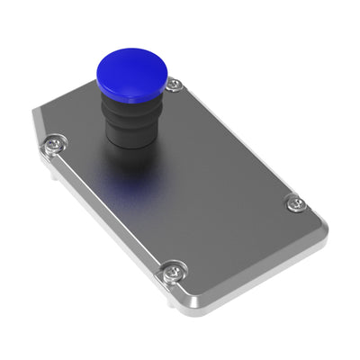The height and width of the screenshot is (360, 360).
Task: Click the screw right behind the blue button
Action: coord(175,85)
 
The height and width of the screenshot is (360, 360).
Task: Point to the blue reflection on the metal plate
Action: coord(126,184)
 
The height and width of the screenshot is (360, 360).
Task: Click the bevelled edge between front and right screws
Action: coord(247,261)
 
